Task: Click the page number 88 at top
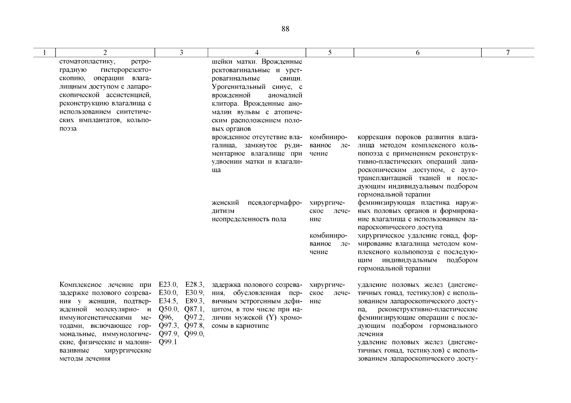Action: (x=285, y=29)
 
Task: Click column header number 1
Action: (x=45, y=53)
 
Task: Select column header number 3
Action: (x=181, y=53)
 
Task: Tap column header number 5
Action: (x=330, y=53)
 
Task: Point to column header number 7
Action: (x=508, y=53)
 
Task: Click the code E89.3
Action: (x=195, y=301)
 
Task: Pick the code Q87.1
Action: (x=194, y=309)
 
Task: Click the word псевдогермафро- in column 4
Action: (x=275, y=203)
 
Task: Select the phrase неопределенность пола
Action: (x=249, y=219)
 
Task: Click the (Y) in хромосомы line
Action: (x=269, y=317)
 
